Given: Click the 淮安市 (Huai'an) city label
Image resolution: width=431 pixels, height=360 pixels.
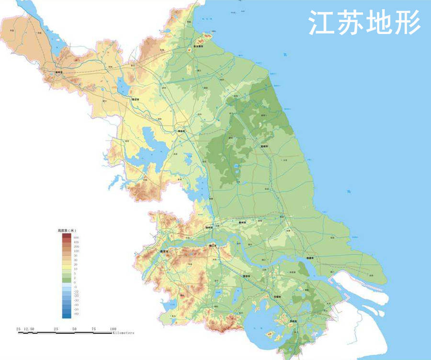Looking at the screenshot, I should click(x=181, y=130).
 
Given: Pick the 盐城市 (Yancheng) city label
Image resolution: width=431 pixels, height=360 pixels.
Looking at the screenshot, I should click(x=264, y=146).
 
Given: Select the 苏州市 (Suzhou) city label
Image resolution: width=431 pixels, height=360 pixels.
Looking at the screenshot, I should click(x=292, y=321).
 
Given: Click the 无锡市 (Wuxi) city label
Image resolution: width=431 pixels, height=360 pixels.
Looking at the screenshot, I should click(x=276, y=297).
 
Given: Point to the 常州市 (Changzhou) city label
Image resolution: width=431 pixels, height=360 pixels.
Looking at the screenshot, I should click(x=248, y=276).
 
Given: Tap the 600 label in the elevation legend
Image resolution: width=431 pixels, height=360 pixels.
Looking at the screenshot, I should click(x=76, y=238).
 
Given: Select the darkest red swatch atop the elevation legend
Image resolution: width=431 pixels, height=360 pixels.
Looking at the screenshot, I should click(x=66, y=236).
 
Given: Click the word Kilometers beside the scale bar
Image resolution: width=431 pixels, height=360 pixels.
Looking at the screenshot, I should click(x=124, y=333).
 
